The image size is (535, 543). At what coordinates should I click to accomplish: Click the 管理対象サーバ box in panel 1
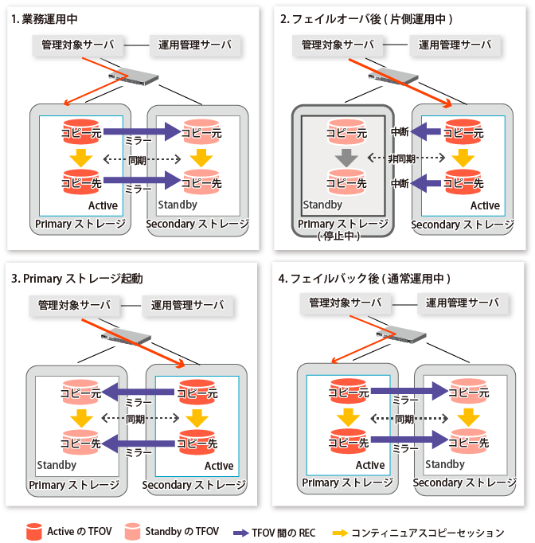(x=80, y=45)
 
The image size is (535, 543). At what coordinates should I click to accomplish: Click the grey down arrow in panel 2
(x=345, y=158)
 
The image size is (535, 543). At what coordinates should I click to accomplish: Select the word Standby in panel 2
(x=322, y=205)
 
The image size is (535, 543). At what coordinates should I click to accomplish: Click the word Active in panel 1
(x=102, y=205)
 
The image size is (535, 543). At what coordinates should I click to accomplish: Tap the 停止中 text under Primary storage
(x=342, y=236)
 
